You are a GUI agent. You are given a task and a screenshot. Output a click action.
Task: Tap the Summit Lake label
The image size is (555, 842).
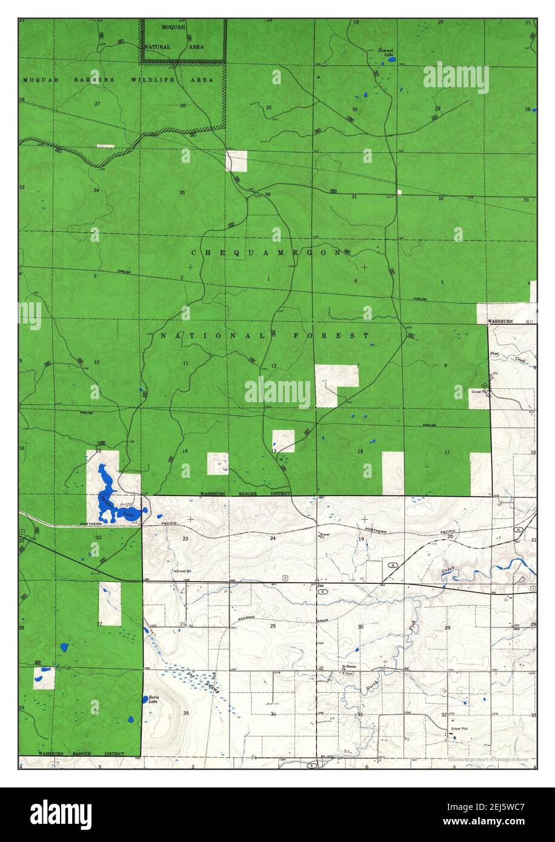click(x=386, y=52)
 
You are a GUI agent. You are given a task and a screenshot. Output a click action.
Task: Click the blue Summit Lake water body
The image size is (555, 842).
click(x=392, y=60)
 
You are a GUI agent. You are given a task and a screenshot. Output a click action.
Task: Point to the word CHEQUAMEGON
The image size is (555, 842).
click(x=267, y=253)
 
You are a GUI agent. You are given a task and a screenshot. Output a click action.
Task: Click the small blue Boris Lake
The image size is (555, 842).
click(x=145, y=699)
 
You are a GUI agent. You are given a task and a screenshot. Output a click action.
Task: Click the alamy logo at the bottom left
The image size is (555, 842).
click(x=61, y=814)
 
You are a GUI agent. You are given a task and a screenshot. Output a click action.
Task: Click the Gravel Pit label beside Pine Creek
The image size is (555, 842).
click(x=480, y=391)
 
